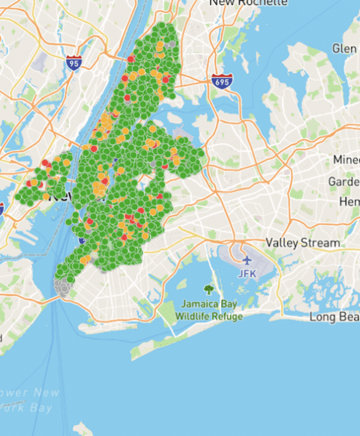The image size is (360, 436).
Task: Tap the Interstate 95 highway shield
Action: click(73, 62)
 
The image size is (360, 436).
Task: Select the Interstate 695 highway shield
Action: click(223, 81)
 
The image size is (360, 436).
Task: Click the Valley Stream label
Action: click(303, 242)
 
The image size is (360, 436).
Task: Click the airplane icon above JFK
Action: click(247, 259)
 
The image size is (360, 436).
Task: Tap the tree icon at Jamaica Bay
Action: click(209, 289)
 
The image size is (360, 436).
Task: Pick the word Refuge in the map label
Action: click(228, 316)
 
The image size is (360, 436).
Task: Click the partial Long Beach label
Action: click(334, 317)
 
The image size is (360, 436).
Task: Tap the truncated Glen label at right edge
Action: click(344, 48)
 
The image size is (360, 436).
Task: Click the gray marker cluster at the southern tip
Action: click(64, 288)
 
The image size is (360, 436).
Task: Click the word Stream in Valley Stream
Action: click(321, 242)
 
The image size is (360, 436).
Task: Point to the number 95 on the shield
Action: click(73, 64)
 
